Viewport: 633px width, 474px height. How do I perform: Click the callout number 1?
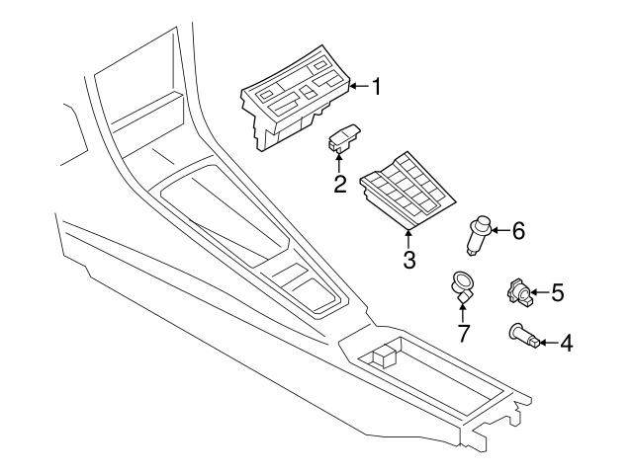coord(376,87)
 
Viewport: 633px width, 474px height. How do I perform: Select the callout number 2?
coord(339,184)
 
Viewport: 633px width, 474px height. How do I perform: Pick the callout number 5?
coord(558,292)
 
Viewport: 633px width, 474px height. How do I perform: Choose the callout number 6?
coord(517,231)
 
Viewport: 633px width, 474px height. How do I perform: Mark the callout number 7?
coord(463,332)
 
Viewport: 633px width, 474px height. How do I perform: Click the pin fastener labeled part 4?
coord(524,338)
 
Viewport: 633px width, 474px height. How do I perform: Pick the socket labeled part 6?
coord(480,234)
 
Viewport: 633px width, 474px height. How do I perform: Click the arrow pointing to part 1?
coord(358,87)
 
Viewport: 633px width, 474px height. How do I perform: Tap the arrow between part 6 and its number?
coord(498,231)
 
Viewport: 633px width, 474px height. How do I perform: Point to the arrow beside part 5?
coord(540,292)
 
